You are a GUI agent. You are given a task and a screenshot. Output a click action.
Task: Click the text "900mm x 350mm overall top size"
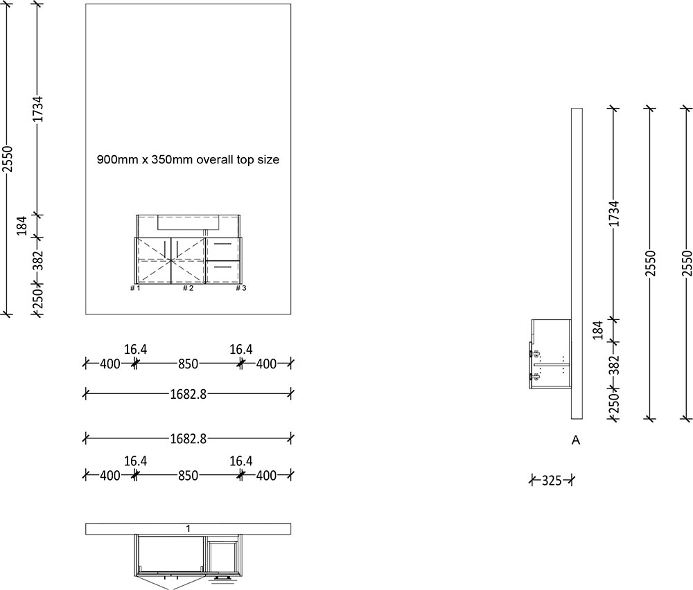[x=188, y=160]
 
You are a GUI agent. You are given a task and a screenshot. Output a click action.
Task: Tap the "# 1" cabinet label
[x=135, y=288]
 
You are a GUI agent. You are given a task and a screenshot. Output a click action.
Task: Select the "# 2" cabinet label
[x=188, y=288]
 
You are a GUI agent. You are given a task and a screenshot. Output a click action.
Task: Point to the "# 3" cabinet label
[x=240, y=288]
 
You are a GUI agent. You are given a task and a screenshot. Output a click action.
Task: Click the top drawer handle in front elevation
[x=223, y=244]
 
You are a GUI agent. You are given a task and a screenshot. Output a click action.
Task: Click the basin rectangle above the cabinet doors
[x=188, y=222]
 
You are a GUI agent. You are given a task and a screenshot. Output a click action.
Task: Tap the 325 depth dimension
[x=552, y=480]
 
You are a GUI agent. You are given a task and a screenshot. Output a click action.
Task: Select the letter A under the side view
[x=575, y=440]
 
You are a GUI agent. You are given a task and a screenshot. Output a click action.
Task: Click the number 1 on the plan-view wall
[x=188, y=529]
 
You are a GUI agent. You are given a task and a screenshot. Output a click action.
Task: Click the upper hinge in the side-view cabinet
[x=536, y=352]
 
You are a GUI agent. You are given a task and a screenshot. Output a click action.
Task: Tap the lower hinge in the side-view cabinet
[x=536, y=376]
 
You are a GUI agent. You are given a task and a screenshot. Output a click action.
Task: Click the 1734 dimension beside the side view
[x=613, y=215]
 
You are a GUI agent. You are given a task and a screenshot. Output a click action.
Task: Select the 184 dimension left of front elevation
[x=21, y=226]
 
